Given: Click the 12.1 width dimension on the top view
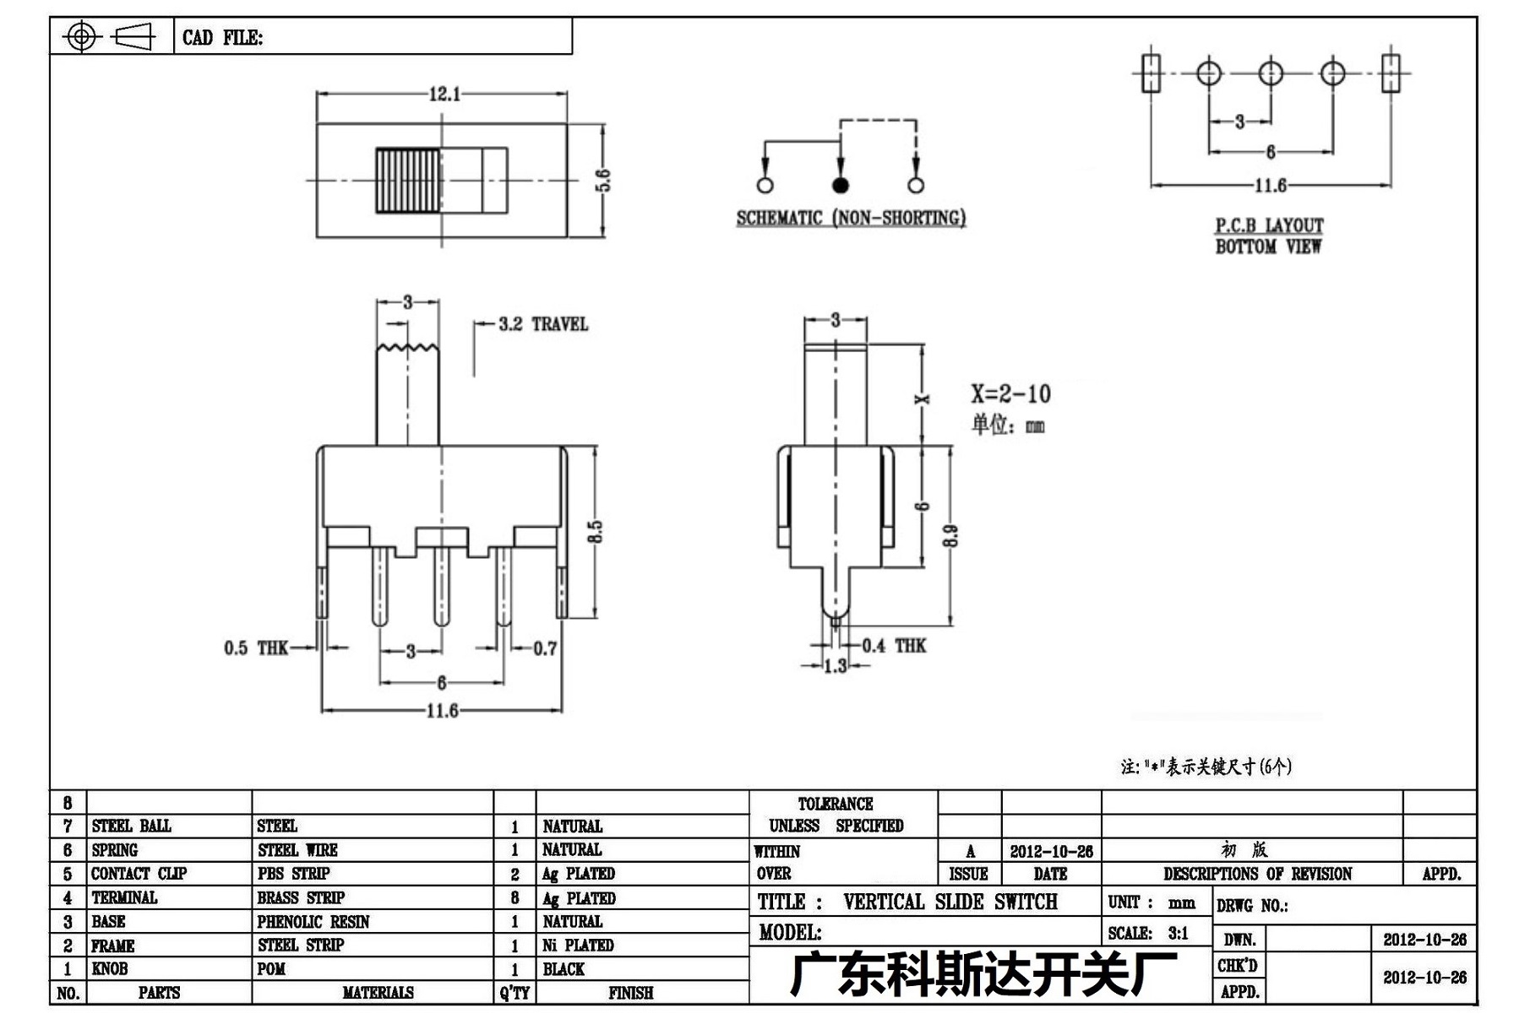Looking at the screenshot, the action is tap(445, 94).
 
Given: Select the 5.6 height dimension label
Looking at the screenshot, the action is tap(603, 181).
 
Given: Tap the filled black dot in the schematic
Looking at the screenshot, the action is tap(840, 185).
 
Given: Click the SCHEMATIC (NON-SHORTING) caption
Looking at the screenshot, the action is tap(851, 218).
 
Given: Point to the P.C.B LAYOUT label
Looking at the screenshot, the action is tap(1269, 225).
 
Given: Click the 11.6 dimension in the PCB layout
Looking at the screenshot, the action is tap(1271, 185).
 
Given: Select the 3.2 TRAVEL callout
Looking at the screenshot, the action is tap(543, 324).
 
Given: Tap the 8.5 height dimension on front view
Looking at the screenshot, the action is tap(596, 532).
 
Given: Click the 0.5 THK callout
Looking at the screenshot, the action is tap(256, 648).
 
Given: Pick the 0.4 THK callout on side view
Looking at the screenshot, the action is tap(894, 646).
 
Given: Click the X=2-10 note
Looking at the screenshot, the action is tap(1010, 393).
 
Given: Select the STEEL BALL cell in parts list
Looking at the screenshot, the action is tap(131, 826).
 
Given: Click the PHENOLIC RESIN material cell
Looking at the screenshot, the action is tap(313, 922).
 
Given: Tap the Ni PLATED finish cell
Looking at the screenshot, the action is tap(578, 946).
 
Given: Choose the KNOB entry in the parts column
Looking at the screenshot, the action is tap(110, 969).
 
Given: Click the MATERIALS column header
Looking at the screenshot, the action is tap(378, 993).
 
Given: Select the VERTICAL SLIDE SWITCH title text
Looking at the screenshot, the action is tap(950, 902).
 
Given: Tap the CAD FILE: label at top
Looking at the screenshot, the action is tap(222, 38).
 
